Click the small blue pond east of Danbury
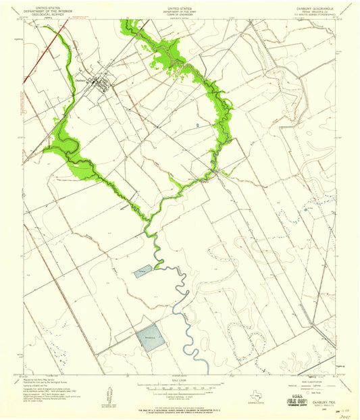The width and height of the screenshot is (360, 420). (x=197, y=126)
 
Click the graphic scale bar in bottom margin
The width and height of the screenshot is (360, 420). (x=178, y=389)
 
